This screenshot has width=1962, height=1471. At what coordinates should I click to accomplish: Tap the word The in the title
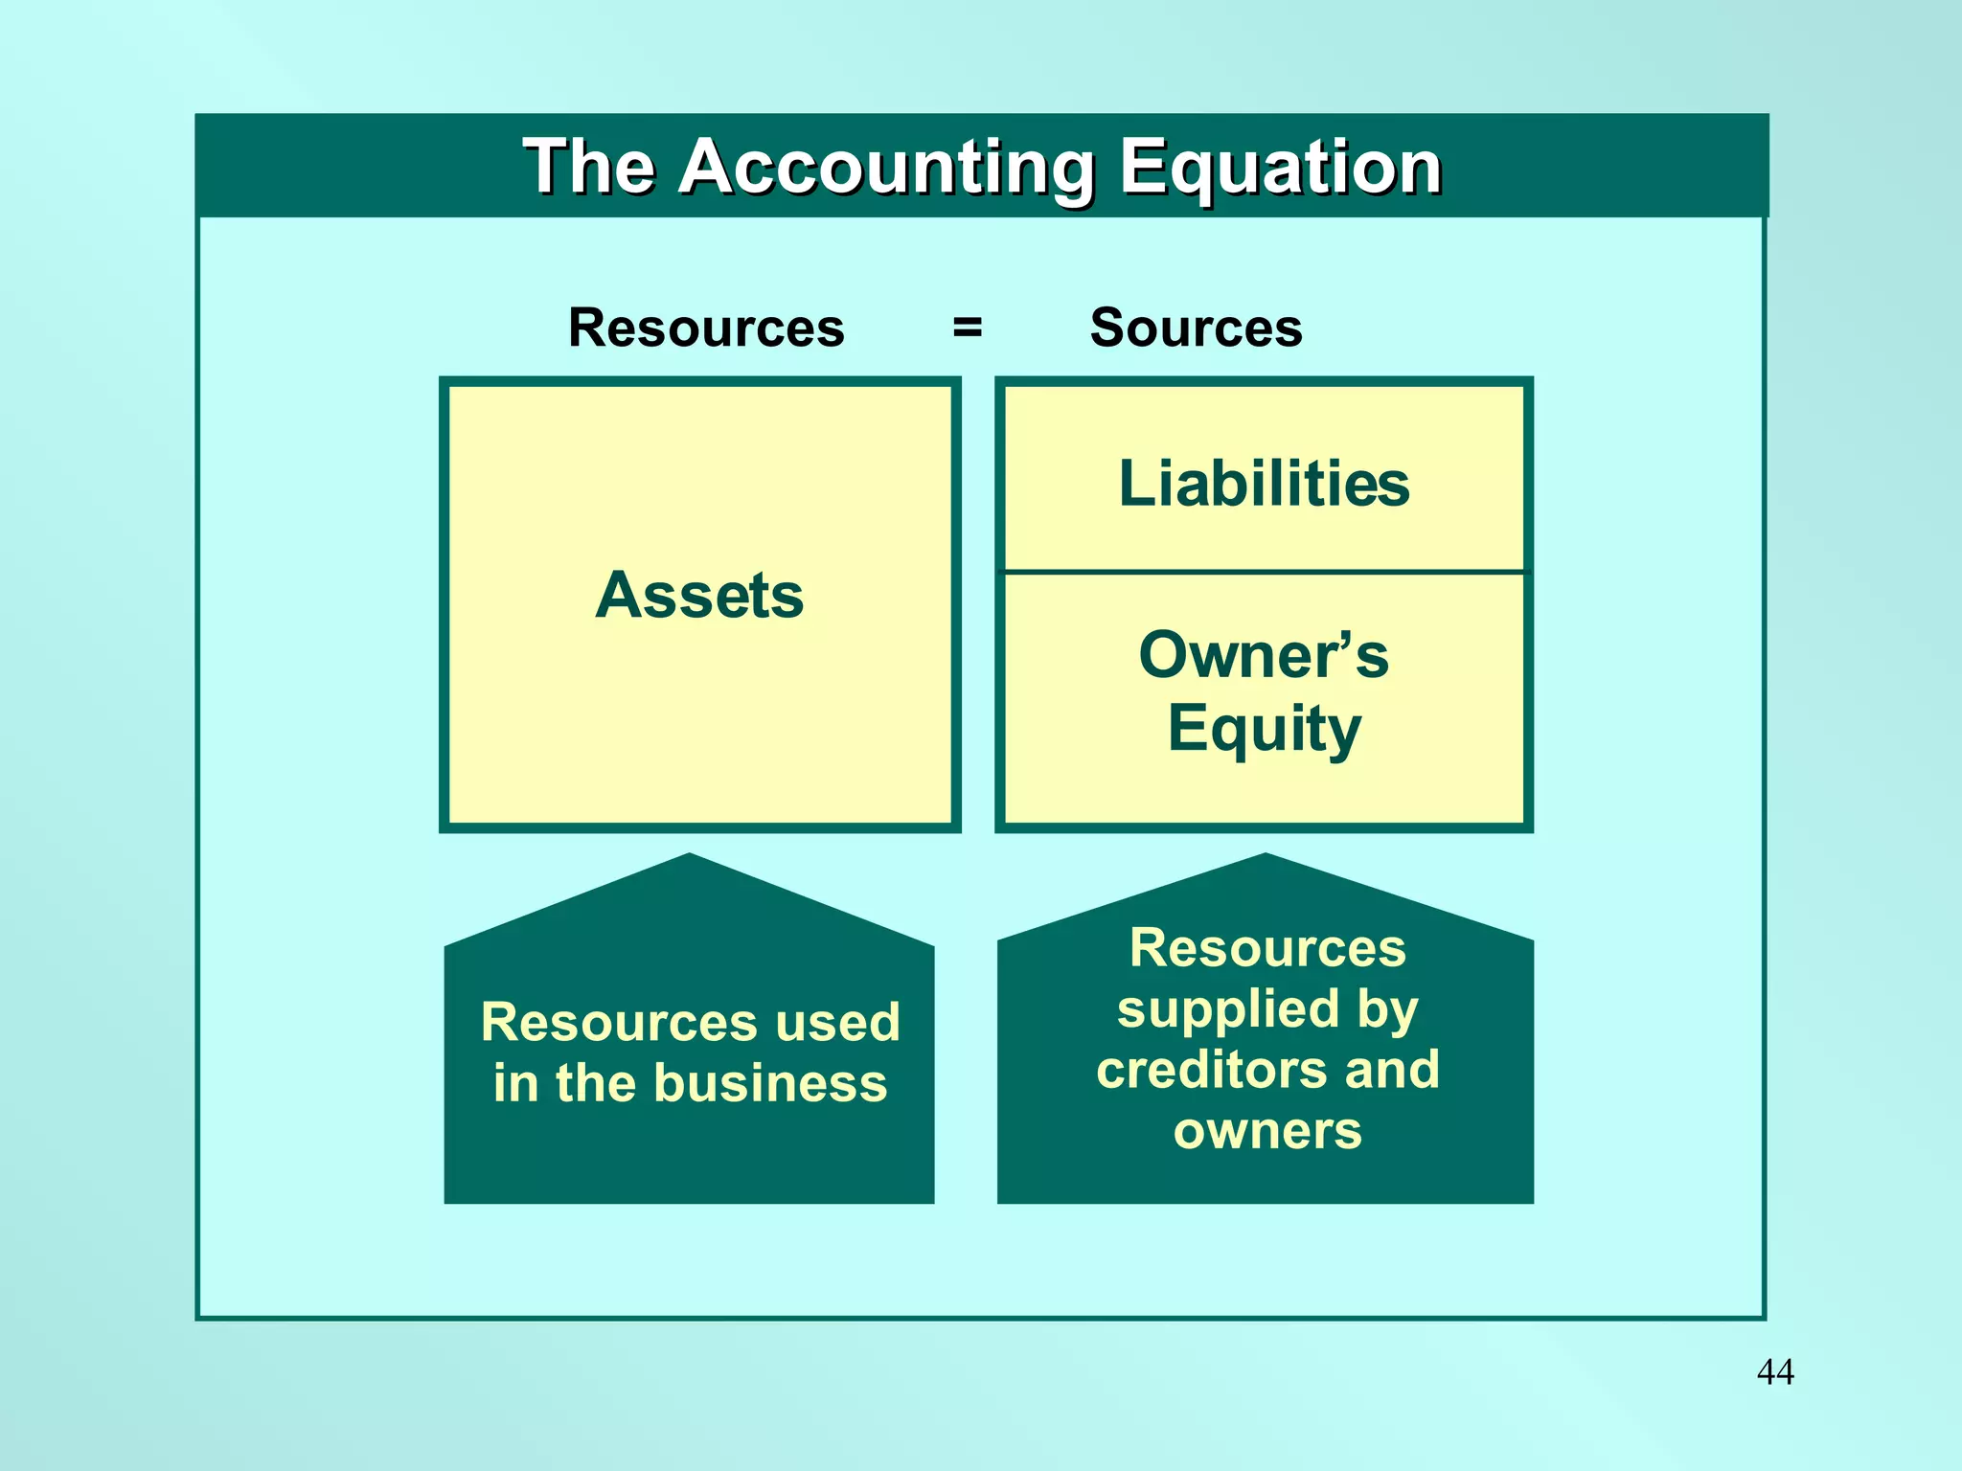click(x=588, y=167)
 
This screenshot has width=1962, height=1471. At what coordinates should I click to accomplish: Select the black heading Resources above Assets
click(x=706, y=328)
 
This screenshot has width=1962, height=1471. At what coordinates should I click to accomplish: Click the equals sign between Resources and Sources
click(x=968, y=328)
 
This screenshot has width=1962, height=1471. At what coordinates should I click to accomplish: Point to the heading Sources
click(x=1196, y=328)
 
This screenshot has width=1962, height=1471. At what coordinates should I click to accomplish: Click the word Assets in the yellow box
click(x=699, y=596)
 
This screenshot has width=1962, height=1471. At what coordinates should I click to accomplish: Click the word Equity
click(x=1264, y=730)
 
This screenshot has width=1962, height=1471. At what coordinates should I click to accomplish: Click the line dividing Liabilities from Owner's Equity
click(x=1264, y=572)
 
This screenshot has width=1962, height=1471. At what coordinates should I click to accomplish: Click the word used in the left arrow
click(x=838, y=1022)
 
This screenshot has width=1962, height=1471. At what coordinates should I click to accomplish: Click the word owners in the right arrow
click(x=1266, y=1131)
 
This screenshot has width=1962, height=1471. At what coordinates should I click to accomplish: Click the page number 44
click(x=1775, y=1371)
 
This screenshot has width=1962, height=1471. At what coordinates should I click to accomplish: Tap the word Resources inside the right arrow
click(x=1266, y=948)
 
